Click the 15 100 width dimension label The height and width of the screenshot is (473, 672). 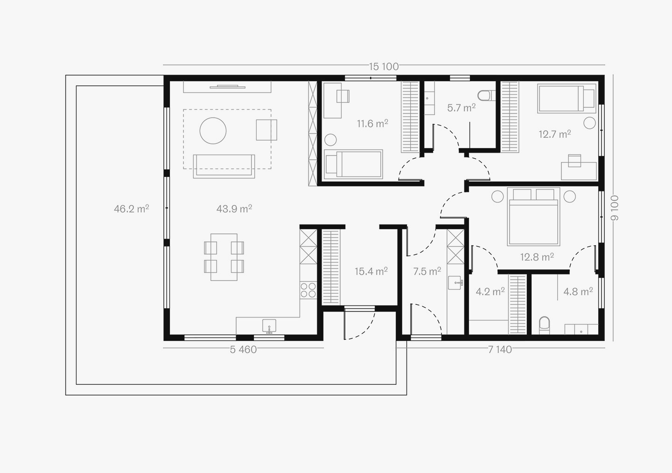coord(384,66)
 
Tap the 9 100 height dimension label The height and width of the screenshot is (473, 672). coord(615,208)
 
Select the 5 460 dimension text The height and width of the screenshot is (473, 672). coord(243,350)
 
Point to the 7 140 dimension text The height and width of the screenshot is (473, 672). coord(500,350)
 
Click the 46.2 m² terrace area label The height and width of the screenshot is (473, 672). coord(132,209)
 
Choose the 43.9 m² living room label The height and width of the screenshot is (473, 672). coord(234,209)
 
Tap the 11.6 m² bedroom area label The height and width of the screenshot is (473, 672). coord(372,123)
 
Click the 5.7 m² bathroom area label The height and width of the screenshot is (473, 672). coord(461,108)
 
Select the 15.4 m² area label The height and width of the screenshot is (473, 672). coord(371,271)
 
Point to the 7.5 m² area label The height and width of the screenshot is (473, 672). coord(427,271)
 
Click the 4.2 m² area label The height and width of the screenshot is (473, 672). coord(490,291)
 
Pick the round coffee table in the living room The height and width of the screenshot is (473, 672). coord(213,131)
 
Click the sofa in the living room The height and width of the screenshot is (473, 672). coord(224,166)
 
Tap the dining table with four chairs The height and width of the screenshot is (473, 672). coord(224,257)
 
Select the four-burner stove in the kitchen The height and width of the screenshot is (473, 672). coord(308,290)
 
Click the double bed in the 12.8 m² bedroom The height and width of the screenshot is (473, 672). coord(533,216)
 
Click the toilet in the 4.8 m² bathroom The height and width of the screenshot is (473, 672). coord(545,325)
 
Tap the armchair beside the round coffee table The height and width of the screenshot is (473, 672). coord(266,130)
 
